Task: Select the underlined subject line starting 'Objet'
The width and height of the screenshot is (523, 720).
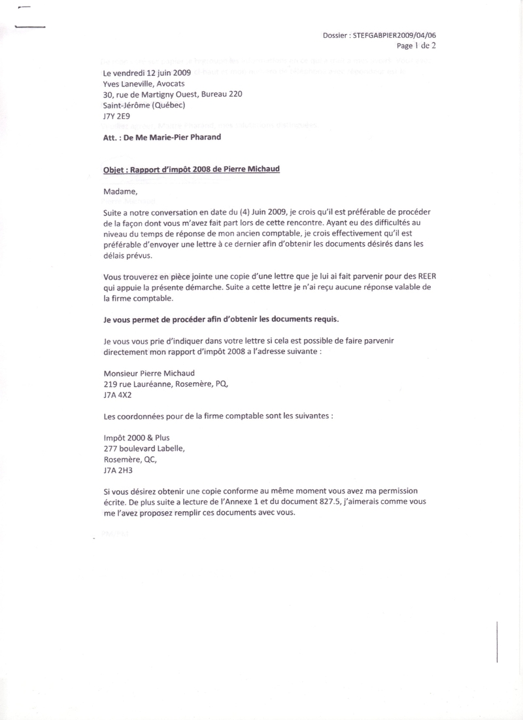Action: click(x=192, y=169)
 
